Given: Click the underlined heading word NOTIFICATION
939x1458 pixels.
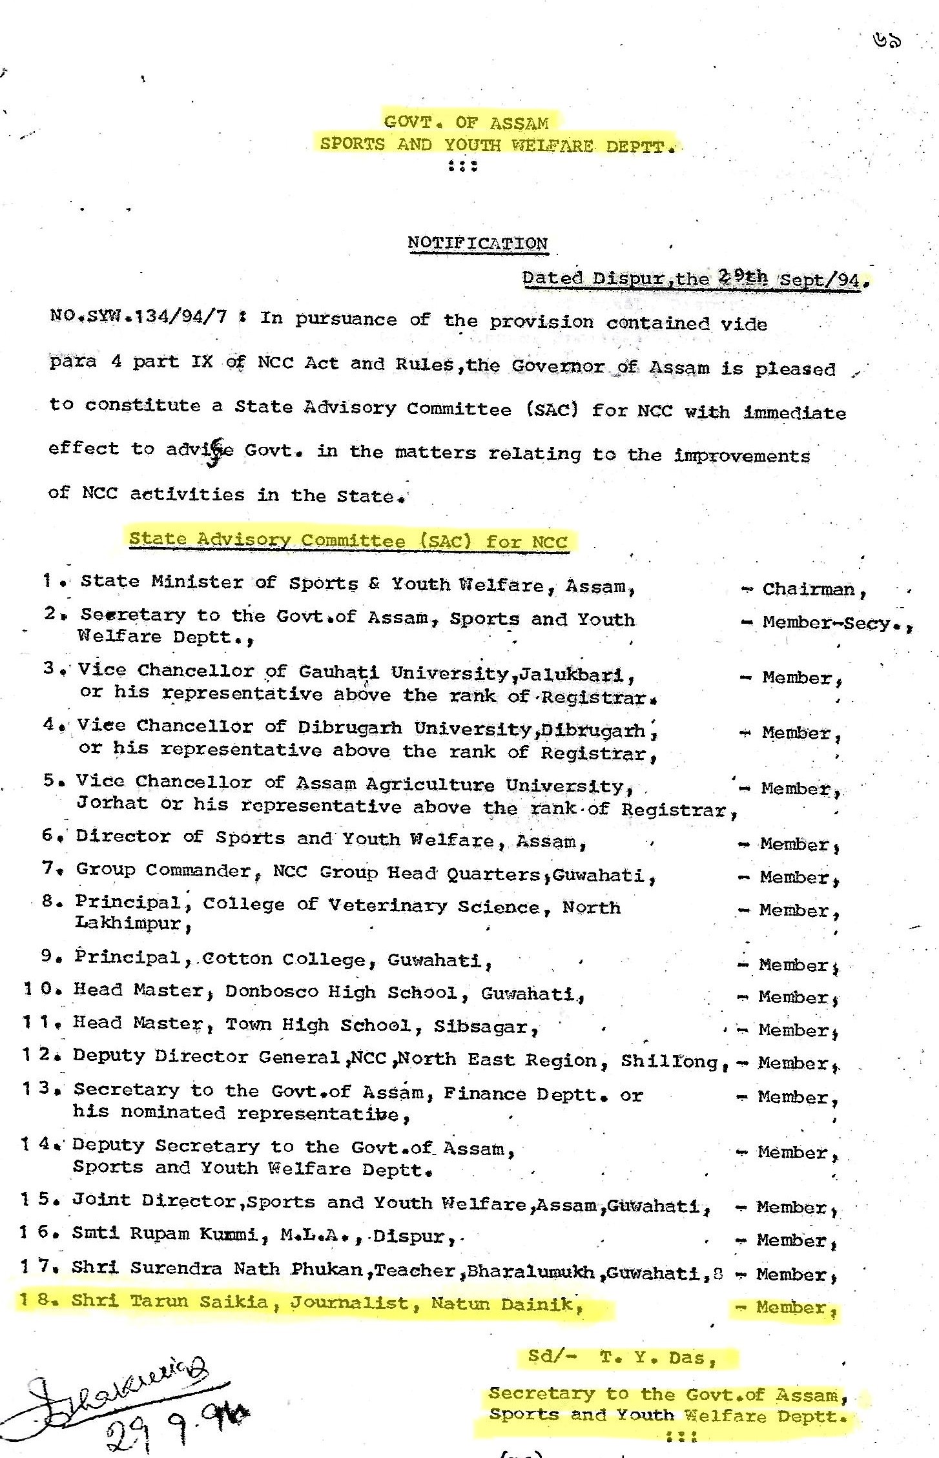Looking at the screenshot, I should tap(477, 243).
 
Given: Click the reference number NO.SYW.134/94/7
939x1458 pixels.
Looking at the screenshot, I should tap(138, 317).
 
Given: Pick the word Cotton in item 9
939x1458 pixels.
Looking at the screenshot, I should tap(237, 958).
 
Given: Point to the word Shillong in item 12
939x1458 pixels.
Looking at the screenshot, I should tap(669, 1061).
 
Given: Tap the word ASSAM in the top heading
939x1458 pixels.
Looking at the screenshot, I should tap(519, 123).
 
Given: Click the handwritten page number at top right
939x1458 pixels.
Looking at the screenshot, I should tap(885, 41).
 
